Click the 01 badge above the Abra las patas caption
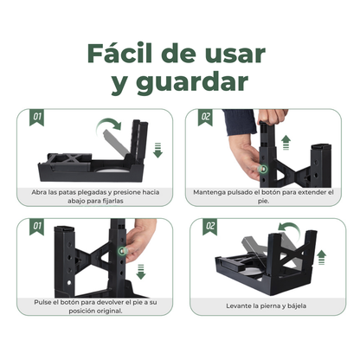(x=37, y=116)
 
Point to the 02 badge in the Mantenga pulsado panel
(x=205, y=116)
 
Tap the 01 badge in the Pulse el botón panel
(x=37, y=226)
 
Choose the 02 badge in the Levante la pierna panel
(x=209, y=227)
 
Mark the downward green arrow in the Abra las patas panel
(x=157, y=151)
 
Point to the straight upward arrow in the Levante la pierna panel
(x=322, y=256)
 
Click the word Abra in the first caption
(x=40, y=190)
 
